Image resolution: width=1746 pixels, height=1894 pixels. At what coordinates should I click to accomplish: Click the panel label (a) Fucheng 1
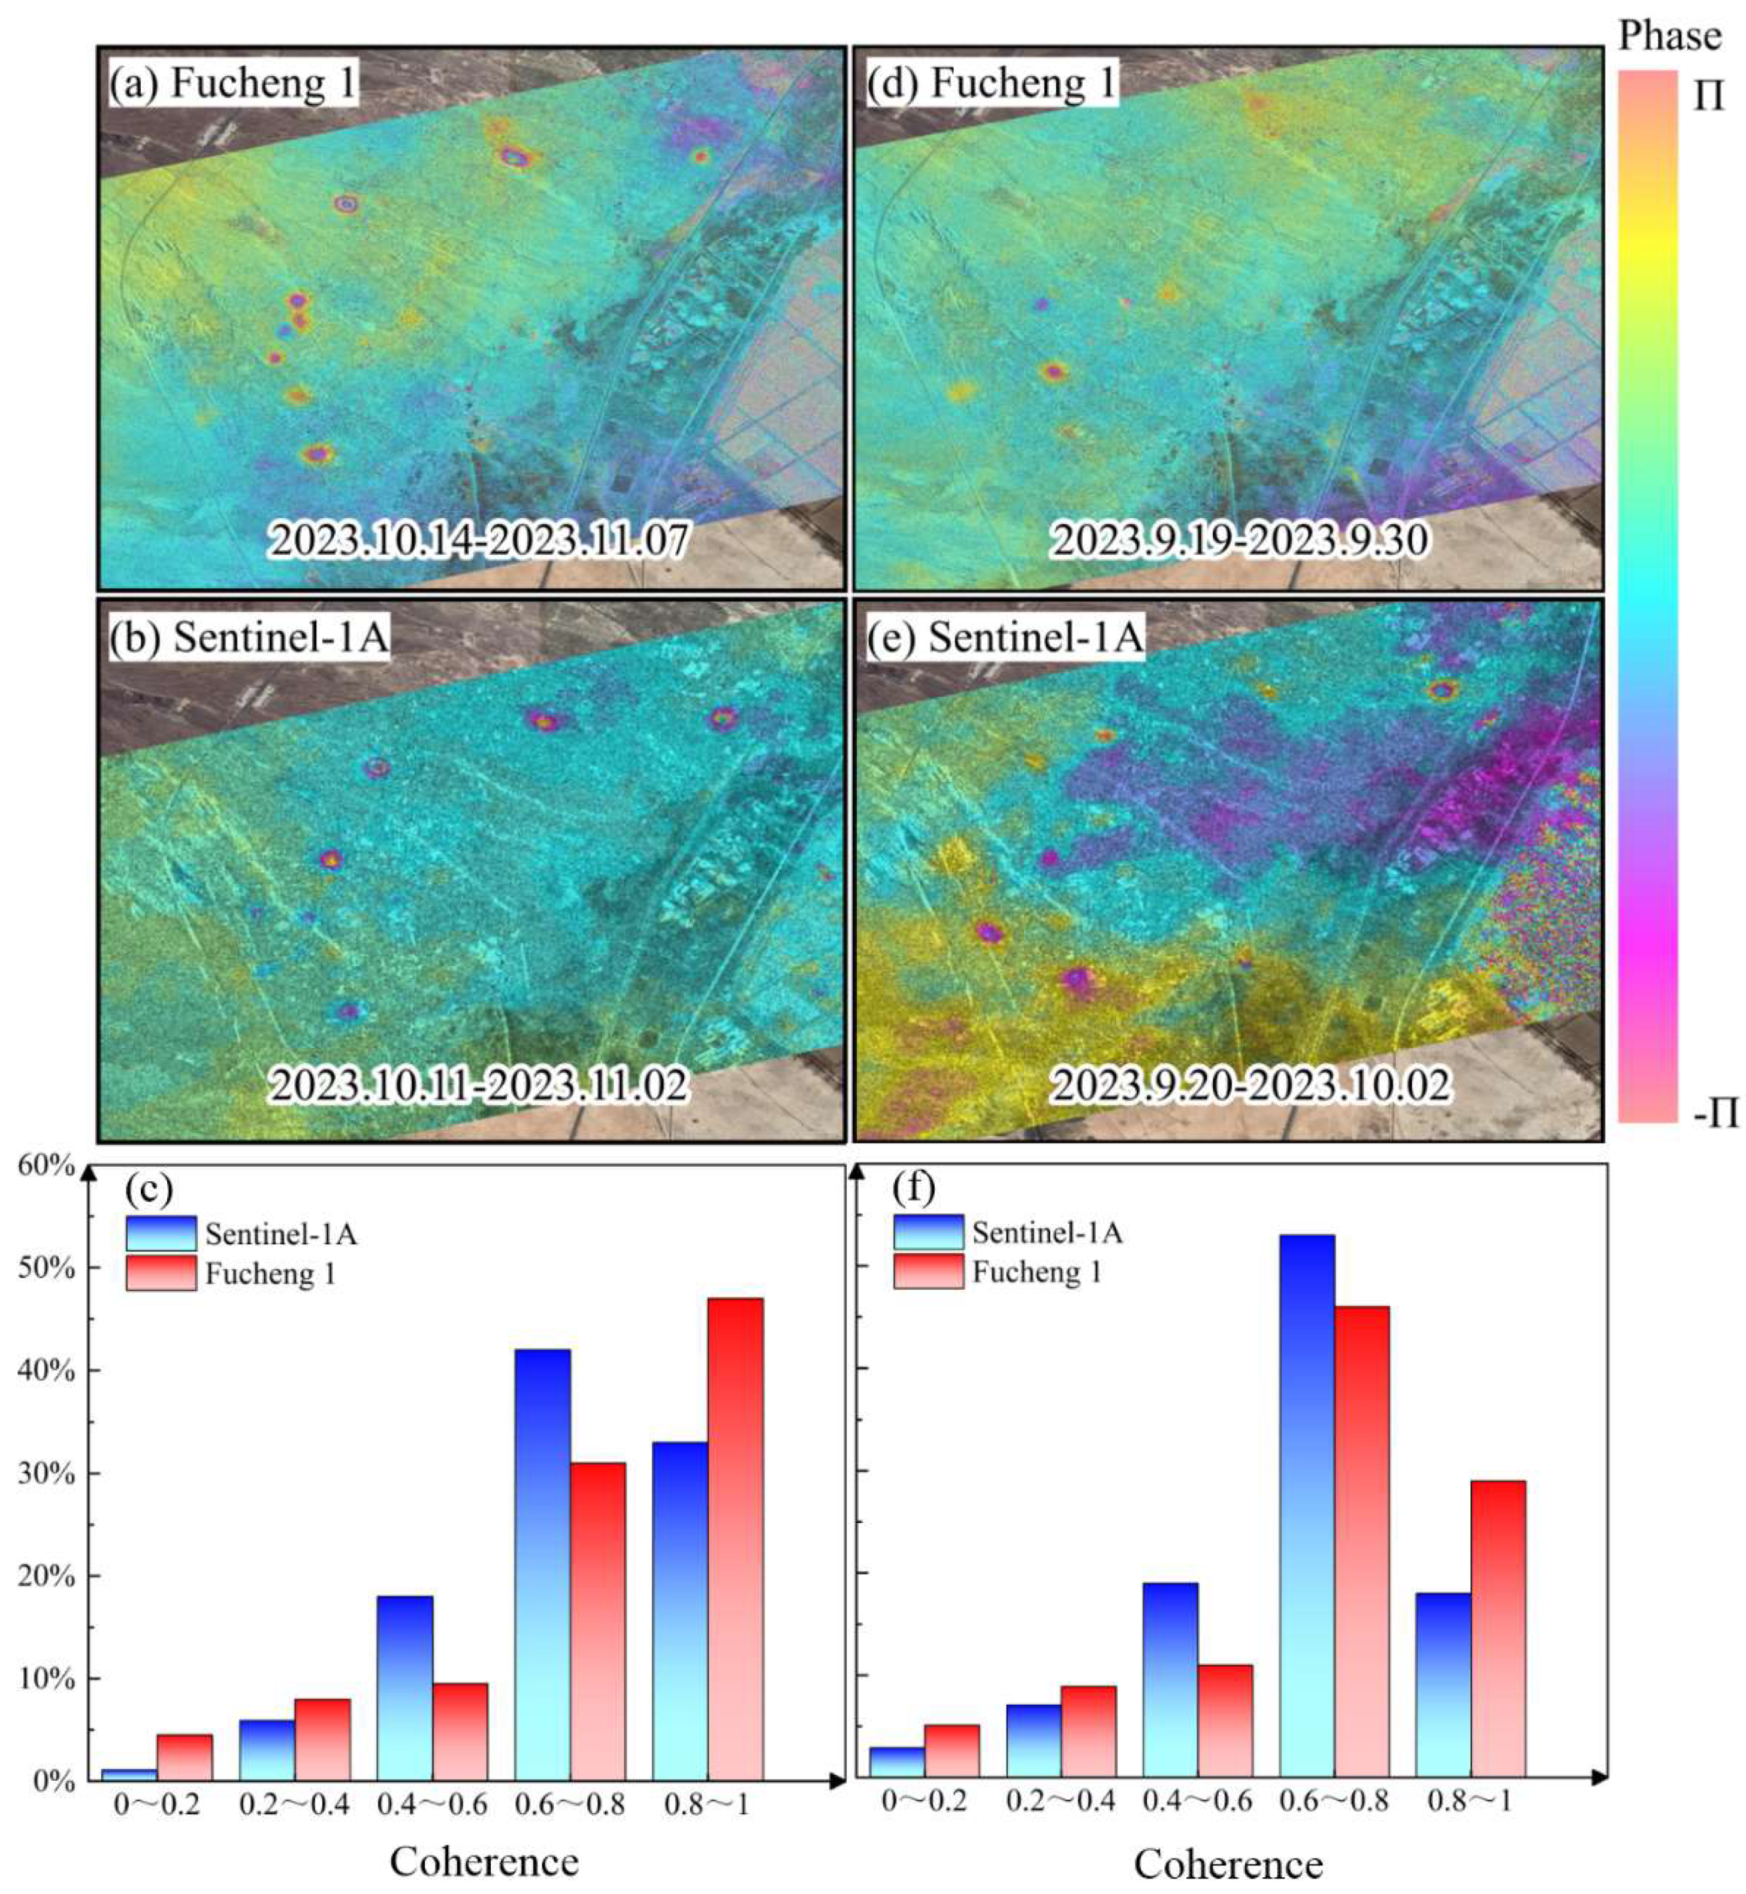[x=232, y=83]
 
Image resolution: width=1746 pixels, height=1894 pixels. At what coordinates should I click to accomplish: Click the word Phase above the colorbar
[x=1669, y=36]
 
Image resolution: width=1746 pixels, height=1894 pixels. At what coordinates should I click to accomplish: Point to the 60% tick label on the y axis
[x=46, y=1165]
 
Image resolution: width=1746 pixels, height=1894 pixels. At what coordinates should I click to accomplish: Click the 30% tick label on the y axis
[x=46, y=1474]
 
